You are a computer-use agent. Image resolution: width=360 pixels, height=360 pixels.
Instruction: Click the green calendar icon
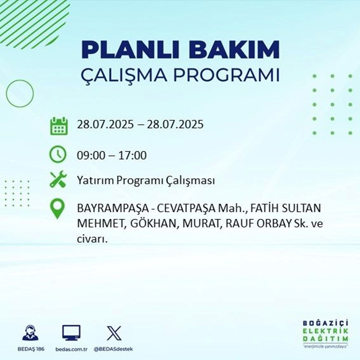pyautogui.click(x=58, y=126)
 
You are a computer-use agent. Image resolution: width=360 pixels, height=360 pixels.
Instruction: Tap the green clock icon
pyautogui.click(x=58, y=155)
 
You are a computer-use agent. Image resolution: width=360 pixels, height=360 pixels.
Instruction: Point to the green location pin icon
pyautogui.click(x=58, y=210)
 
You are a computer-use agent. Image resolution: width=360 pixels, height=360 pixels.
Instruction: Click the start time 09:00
pyautogui.click(x=90, y=156)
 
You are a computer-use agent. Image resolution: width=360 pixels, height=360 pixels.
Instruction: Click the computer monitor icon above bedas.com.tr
pyautogui.click(x=71, y=333)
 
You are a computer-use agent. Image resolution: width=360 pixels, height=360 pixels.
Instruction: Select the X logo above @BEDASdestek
pyautogui.click(x=114, y=333)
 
